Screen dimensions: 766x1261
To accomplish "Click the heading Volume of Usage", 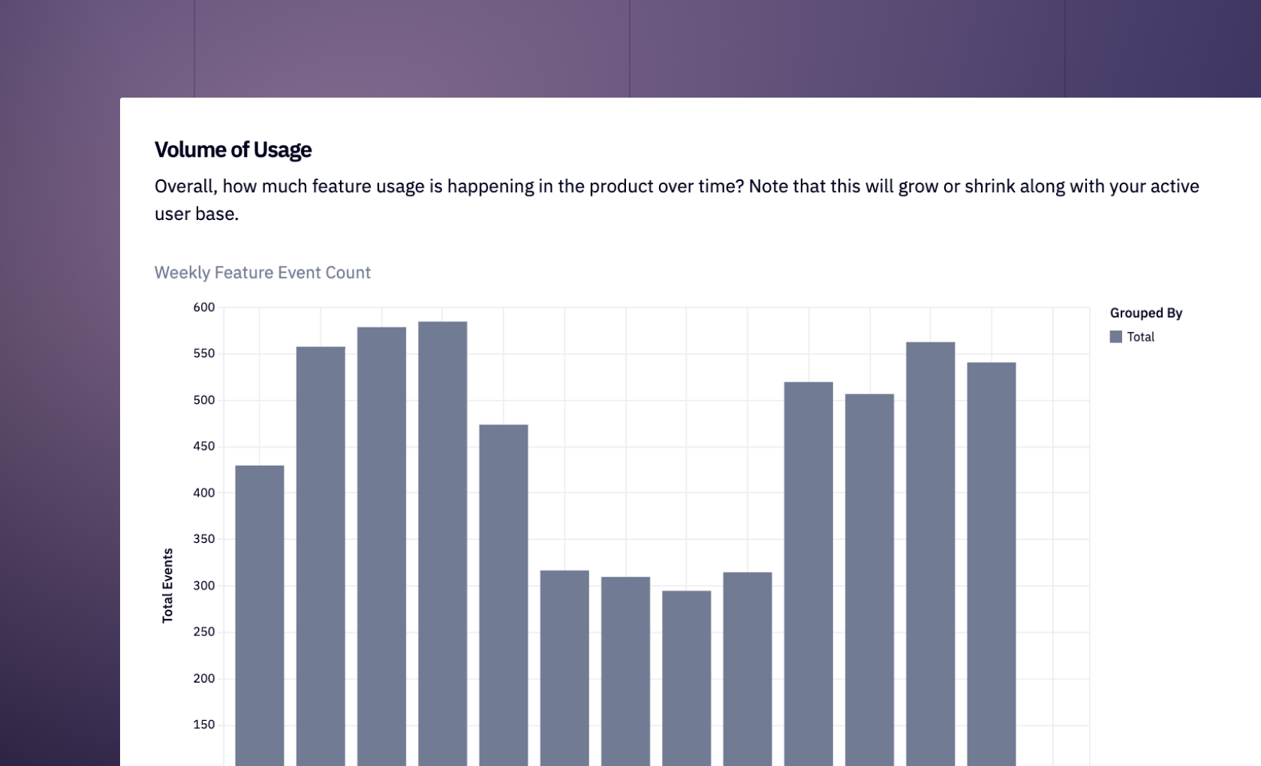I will (x=233, y=150).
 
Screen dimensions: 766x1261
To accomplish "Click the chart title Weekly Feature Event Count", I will (x=262, y=273).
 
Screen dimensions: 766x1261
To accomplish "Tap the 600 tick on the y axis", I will (x=203, y=307).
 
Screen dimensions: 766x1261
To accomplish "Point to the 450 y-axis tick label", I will (x=203, y=446).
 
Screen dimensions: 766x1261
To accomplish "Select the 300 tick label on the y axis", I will (x=203, y=586).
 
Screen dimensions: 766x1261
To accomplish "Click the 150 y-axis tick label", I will (x=203, y=725).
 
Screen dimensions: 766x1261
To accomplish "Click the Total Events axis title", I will (x=167, y=585).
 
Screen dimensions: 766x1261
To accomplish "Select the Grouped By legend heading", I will (x=1145, y=313).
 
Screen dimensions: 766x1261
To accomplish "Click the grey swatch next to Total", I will (x=1115, y=337).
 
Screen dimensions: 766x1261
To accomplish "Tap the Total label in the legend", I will (x=1140, y=337).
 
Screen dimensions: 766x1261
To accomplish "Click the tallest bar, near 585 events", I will (x=442, y=541).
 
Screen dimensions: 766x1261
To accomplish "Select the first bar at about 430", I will (x=260, y=616).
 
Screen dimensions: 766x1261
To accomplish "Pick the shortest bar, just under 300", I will (x=686, y=676).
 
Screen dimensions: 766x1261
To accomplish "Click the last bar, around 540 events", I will (x=991, y=563).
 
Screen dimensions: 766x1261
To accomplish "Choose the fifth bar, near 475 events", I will (x=503, y=593).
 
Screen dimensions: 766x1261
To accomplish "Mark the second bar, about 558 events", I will (x=321, y=556).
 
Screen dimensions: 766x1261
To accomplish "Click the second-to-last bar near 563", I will (x=930, y=556).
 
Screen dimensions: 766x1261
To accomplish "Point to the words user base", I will (x=196, y=214).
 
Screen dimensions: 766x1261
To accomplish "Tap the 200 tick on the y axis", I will (x=203, y=678).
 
